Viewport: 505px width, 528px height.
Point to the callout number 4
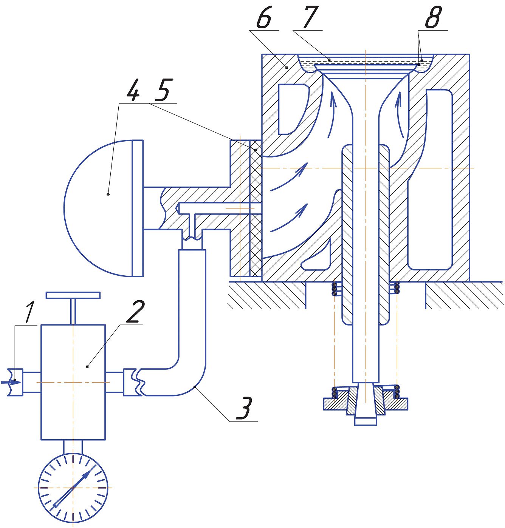[133, 90]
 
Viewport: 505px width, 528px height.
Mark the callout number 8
[434, 17]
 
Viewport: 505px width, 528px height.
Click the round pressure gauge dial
[73, 488]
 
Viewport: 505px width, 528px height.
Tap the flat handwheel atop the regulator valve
[73, 295]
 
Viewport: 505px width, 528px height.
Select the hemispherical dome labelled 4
[104, 208]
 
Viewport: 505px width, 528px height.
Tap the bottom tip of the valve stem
[366, 425]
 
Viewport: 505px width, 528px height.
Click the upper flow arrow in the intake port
[289, 177]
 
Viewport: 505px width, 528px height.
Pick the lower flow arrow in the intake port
[289, 217]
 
